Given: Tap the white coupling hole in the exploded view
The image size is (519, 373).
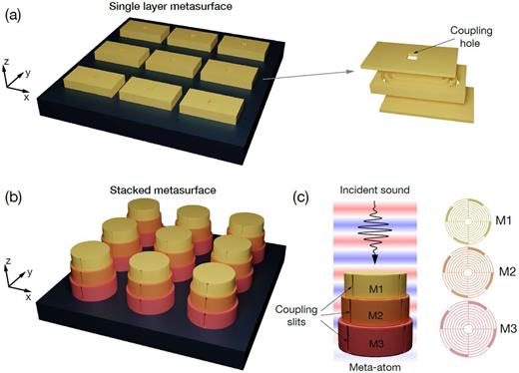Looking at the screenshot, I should (410, 73).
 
